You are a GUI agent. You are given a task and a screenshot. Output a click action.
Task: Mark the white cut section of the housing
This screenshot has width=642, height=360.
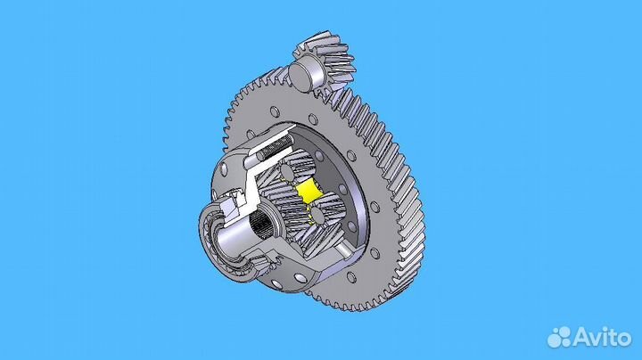tap(255, 192)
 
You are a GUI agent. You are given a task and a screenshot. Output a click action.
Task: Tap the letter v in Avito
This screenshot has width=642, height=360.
tap(596, 337)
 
